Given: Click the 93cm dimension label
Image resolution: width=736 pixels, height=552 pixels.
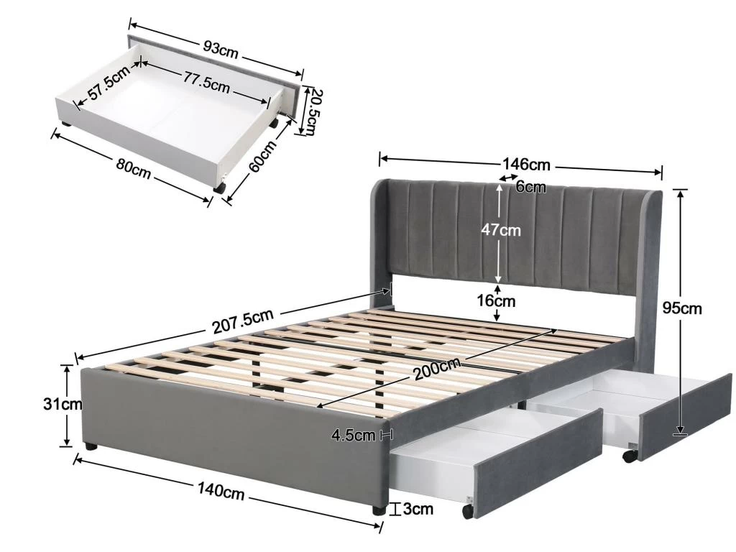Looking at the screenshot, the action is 221,50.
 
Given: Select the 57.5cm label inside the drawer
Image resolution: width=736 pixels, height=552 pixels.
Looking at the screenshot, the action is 109,83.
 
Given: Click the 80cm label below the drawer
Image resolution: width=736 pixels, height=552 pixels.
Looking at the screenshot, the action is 134,169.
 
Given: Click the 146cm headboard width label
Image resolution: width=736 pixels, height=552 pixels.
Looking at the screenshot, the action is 526,165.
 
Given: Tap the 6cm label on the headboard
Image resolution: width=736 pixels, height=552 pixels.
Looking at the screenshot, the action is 530,187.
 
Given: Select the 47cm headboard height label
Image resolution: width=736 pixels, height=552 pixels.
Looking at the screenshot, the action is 500,230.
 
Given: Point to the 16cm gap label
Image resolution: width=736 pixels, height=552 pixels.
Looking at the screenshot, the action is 496,300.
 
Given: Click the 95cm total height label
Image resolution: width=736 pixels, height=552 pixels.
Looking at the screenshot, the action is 682,308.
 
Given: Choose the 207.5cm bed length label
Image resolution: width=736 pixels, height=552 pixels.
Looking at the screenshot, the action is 243,321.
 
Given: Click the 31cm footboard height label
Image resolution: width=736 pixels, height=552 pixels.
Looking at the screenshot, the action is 63,404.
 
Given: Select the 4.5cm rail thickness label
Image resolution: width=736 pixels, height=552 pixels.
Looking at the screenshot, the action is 354,435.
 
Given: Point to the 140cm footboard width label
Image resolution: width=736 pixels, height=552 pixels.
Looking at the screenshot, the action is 221,491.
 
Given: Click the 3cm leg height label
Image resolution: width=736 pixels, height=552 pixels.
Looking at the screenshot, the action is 418,509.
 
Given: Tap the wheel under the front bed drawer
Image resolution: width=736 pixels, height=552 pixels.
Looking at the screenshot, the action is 467,511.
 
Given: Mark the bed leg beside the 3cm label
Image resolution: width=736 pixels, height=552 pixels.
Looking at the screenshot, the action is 379,510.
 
